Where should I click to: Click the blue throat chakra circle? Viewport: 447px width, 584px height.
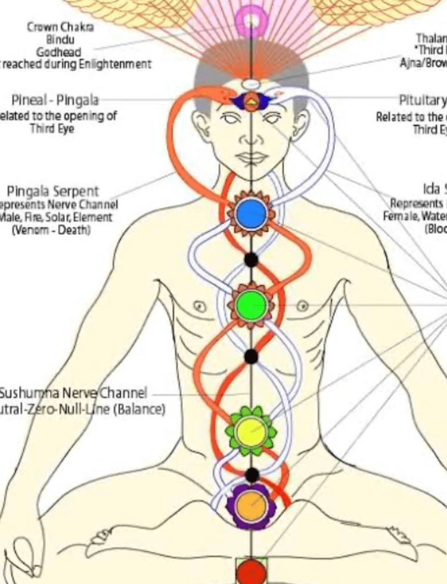(251, 214)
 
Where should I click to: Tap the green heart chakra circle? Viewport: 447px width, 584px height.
(250, 306)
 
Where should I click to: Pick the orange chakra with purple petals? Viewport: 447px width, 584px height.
(251, 506)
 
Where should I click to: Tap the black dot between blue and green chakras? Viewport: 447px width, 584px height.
(252, 260)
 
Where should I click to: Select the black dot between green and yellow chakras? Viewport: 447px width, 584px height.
(252, 356)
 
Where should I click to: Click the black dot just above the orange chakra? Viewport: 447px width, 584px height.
(252, 475)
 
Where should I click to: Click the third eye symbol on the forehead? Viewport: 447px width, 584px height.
(251, 101)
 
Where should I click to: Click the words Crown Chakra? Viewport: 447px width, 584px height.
(60, 27)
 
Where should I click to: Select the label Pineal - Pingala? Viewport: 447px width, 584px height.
(55, 99)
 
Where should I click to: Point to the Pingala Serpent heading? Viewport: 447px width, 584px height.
(52, 191)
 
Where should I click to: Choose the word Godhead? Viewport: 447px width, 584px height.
(59, 52)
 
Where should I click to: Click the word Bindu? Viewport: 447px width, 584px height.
(59, 39)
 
